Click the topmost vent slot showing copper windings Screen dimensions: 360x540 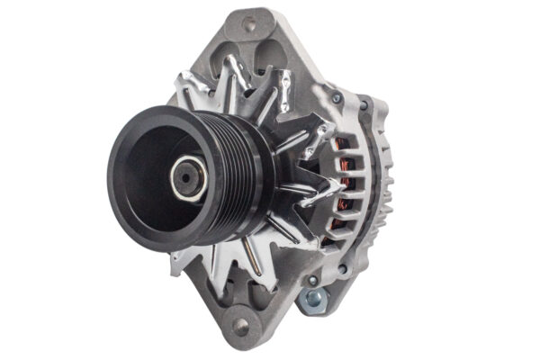(x=345, y=144)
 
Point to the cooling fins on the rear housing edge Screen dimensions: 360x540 (x=383, y=180)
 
